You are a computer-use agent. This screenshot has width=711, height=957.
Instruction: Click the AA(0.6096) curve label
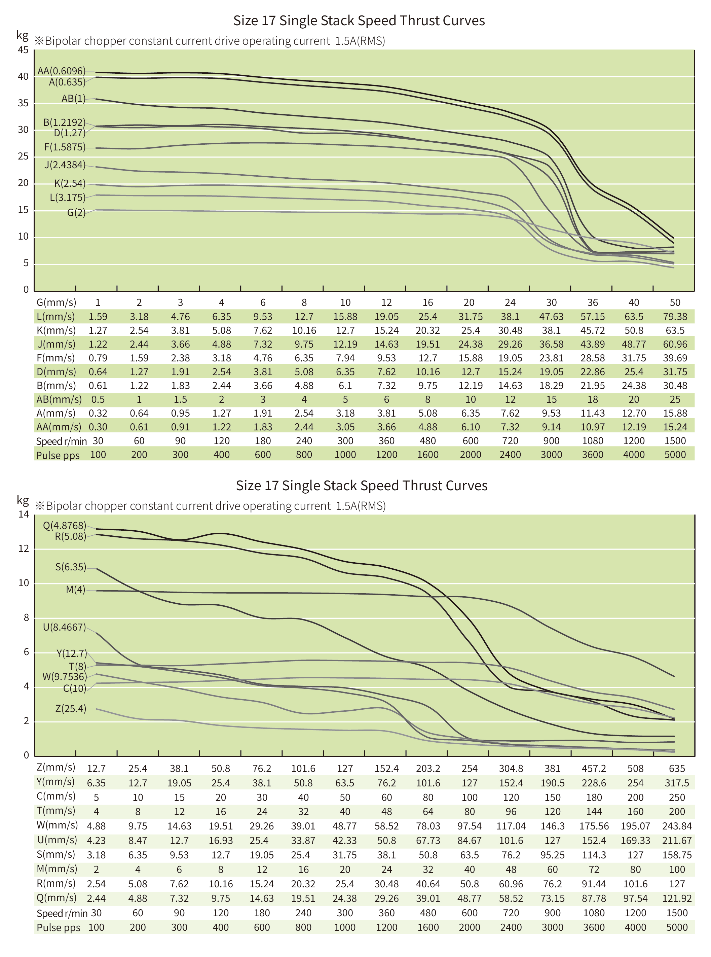point(62,71)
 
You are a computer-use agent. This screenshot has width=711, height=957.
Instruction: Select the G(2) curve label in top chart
point(76,213)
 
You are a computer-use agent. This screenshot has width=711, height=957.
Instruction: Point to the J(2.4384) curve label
point(65,165)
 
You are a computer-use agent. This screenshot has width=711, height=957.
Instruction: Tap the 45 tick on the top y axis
point(23,50)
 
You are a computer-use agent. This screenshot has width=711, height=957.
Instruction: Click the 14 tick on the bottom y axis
point(23,514)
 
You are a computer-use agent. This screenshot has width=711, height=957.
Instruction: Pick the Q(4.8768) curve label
point(65,525)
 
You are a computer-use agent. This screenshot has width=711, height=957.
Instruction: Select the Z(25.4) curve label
point(71,708)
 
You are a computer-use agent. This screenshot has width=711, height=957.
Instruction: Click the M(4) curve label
point(76,589)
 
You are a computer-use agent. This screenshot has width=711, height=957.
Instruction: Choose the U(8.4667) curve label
point(65,627)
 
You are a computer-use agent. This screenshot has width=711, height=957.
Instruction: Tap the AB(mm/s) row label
point(59,399)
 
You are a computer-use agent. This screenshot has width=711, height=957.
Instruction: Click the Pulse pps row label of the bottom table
point(58,927)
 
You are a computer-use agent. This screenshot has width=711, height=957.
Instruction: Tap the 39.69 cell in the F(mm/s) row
point(674,358)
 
